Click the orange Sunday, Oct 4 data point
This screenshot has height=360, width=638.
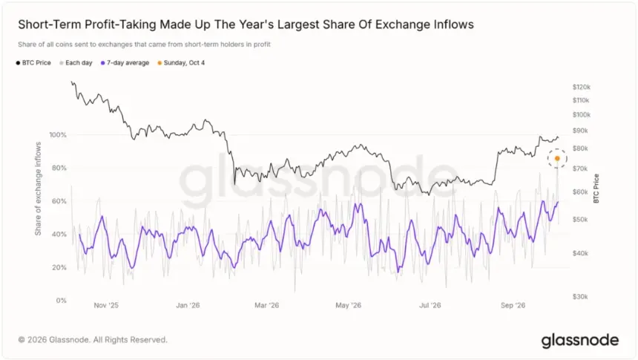coord(557,158)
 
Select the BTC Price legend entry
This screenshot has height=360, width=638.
coord(33,62)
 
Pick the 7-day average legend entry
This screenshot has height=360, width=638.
coord(125,62)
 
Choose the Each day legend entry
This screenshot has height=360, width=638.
coord(76,62)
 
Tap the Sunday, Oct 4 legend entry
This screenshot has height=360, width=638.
coord(181,62)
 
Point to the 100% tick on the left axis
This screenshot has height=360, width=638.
coord(58,135)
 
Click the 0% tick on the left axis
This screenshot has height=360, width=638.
coord(62,301)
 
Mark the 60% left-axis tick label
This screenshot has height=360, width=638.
coord(59,201)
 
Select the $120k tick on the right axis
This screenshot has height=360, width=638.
coord(582,87)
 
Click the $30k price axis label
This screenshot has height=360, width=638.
coord(580,297)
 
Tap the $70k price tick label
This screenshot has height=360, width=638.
coord(580,168)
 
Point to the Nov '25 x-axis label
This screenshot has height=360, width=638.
coord(106,305)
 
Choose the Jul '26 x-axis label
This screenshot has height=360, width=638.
coord(430,305)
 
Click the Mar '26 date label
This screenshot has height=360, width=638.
coord(267,305)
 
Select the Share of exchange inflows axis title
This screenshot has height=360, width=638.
coord(39,189)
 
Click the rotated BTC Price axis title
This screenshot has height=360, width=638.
coord(596,189)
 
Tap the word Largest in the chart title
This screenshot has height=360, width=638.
coord(296,24)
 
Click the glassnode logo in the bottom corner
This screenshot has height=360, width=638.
coord(580,341)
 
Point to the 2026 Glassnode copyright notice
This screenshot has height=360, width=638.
coord(93,340)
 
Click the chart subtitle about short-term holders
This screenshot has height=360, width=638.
coord(144,45)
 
